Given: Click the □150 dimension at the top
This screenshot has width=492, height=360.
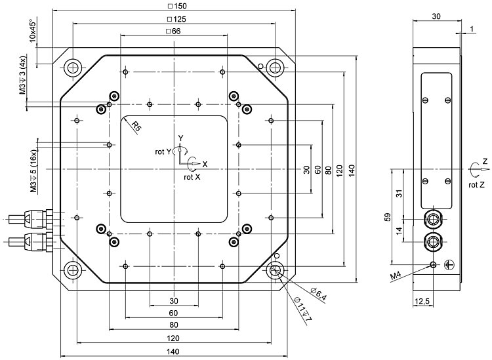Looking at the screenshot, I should pos(174,7).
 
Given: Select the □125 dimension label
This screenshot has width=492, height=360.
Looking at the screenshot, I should pos(174,19).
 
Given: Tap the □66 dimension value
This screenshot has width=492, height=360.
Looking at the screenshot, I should pos(174,31).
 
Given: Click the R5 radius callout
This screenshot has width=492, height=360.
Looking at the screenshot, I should pos(136,127).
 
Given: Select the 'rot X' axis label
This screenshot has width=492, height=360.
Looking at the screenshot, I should pos(191,176).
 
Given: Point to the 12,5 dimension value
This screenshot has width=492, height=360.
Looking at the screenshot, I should pos(422,300).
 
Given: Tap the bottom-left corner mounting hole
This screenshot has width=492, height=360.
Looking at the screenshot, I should pos(72,270).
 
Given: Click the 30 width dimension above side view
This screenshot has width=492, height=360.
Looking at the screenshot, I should pos(436,16).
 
